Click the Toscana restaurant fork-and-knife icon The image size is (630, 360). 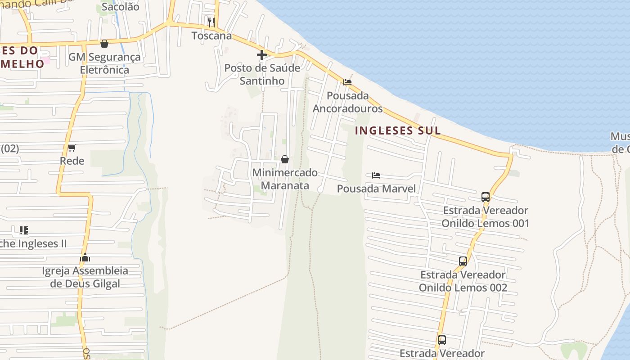[x=211, y=22]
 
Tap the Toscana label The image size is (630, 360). [x=211, y=36]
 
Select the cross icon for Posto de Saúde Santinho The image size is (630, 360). [x=261, y=55]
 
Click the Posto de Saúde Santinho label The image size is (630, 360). [x=262, y=74]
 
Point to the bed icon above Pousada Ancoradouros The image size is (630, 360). [x=347, y=82]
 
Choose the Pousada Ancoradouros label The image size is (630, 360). [x=347, y=102]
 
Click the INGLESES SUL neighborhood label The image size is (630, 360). [x=397, y=131]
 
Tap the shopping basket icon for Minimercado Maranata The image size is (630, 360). [x=284, y=159]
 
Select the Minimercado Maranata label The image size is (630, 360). [x=285, y=179]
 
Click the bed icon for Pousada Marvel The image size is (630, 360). [x=376, y=175]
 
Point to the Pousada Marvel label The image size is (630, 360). [x=376, y=189]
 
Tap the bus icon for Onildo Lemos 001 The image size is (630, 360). [x=485, y=197]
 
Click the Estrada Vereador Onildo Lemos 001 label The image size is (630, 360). [x=485, y=217]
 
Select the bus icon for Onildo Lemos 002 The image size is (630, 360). [x=463, y=261]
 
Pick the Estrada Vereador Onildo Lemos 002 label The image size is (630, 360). [x=463, y=281]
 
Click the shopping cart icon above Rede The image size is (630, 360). [x=72, y=148]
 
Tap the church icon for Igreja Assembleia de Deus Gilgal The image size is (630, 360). [x=85, y=258]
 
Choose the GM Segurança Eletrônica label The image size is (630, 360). [x=104, y=63]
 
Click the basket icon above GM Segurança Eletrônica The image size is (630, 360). [x=104, y=44]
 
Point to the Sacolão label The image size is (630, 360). [x=120, y=7]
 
